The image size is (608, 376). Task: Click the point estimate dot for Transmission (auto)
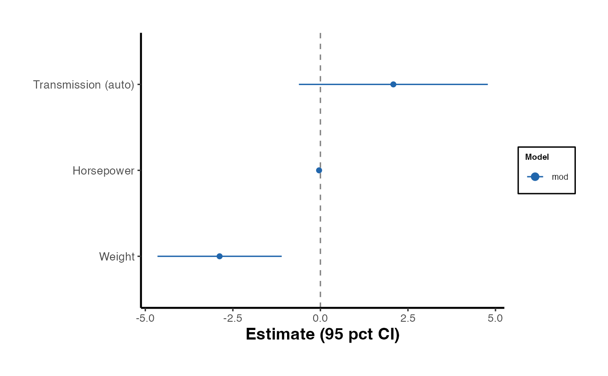coord(393,84)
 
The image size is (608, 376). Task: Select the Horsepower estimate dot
coord(319,170)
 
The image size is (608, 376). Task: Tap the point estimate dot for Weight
coord(219,256)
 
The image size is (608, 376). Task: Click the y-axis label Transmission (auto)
coord(84,85)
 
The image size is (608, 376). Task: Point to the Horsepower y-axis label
coord(103,171)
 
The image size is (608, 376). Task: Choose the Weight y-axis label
coord(117,257)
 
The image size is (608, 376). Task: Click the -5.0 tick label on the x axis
coord(145,318)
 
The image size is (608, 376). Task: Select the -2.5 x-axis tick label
coord(232,318)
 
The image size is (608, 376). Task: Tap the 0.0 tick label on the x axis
coord(320,318)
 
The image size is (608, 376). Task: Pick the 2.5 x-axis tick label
coord(408,318)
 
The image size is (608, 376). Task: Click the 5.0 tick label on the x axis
coord(496,318)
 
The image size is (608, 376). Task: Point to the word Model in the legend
coord(537,157)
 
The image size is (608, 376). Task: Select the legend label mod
coord(560,177)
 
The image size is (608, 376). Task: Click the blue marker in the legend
coord(535,176)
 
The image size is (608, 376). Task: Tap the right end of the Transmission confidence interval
coord(487,84)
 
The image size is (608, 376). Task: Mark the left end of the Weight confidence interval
coord(158,256)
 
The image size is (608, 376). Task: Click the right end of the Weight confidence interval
coord(281,256)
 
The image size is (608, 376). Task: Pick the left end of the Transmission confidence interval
coord(299,84)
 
